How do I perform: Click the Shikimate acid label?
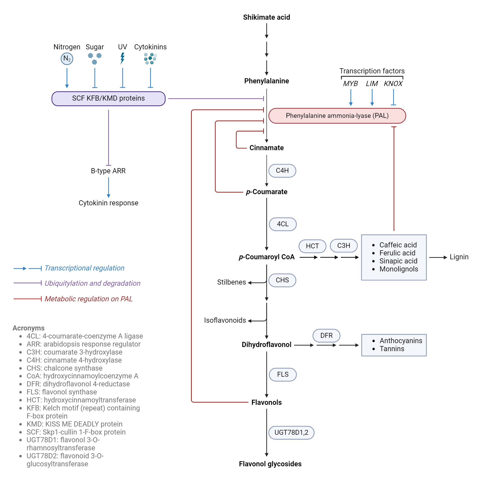(x=266, y=17)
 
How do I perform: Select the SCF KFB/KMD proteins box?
(x=108, y=98)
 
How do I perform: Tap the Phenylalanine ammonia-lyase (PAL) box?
(x=337, y=116)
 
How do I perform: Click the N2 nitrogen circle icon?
(x=67, y=59)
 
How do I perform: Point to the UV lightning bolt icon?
(x=122, y=58)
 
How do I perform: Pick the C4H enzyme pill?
(x=282, y=171)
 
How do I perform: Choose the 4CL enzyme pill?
(x=283, y=224)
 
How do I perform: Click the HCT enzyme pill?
(x=312, y=246)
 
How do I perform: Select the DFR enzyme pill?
(x=326, y=336)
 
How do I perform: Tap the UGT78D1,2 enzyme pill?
(x=291, y=433)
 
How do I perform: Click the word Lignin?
(x=459, y=257)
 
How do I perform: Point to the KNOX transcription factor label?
(x=393, y=84)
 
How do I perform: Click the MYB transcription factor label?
(x=350, y=84)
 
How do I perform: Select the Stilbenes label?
(x=231, y=282)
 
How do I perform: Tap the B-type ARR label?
(x=108, y=171)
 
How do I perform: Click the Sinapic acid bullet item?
(x=398, y=261)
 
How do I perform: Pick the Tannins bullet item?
(x=392, y=349)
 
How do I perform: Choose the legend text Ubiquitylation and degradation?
(x=92, y=284)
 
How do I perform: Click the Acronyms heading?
(x=28, y=328)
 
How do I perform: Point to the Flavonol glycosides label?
(x=270, y=464)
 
